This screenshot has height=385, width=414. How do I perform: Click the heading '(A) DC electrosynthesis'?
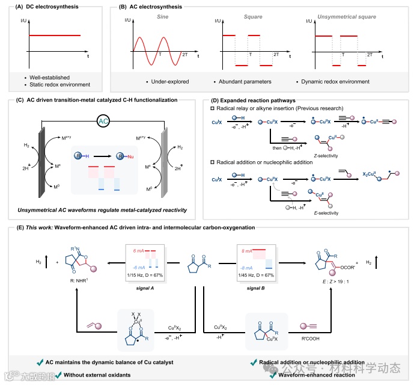pyautogui.click(x=37, y=8)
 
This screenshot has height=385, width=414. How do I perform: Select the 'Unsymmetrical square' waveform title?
pyautogui.click(x=348, y=19)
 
